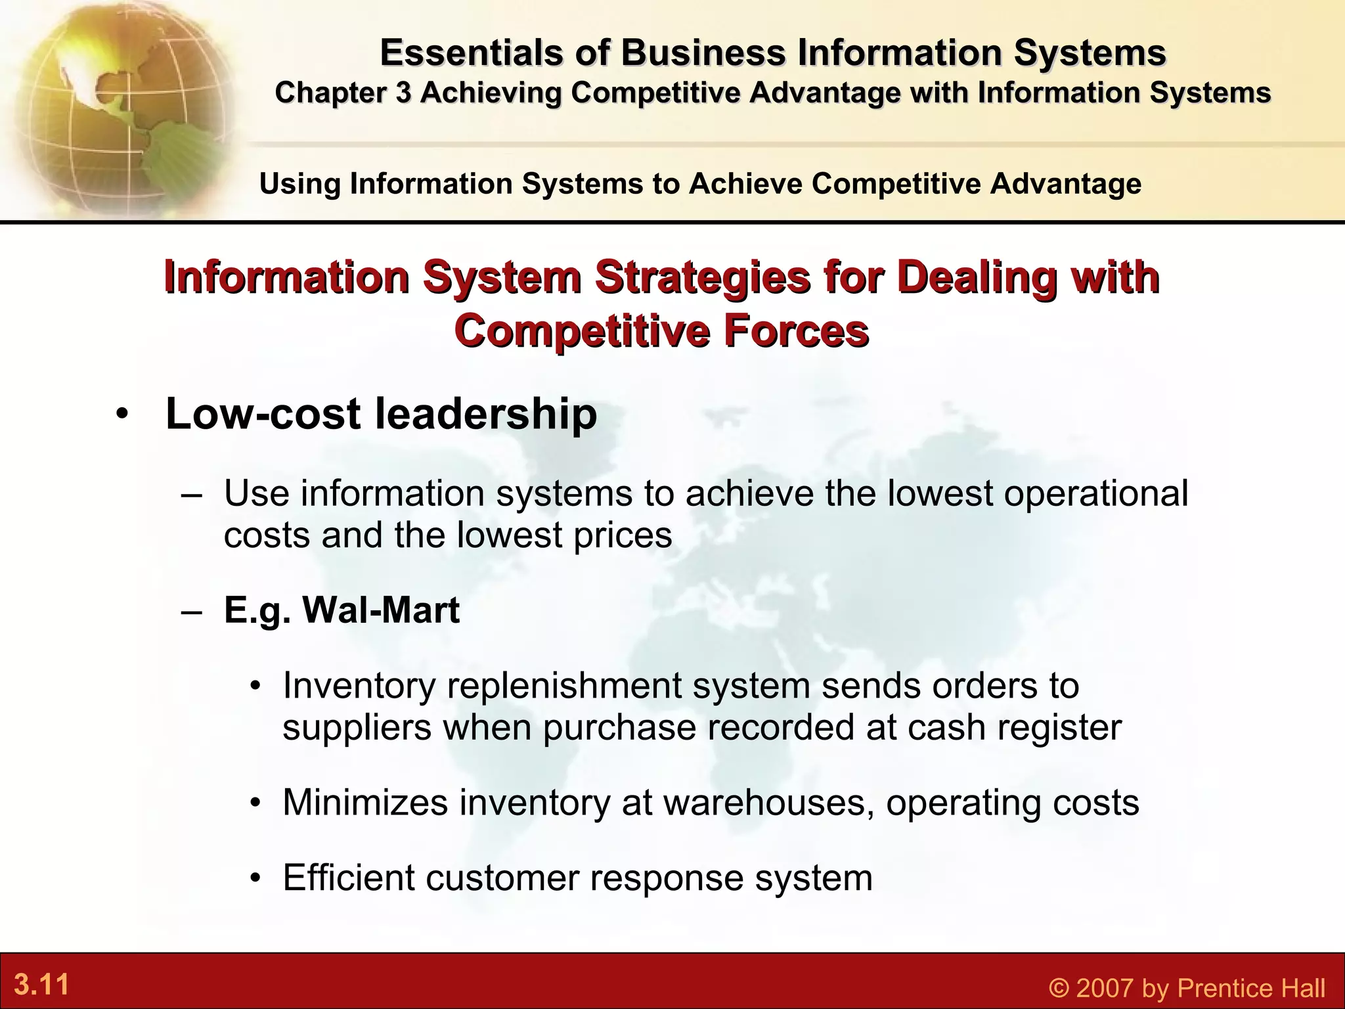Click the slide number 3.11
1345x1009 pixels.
pos(41,985)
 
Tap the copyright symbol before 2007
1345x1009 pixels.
pos(1059,988)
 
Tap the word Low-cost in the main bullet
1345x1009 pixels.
pos(263,414)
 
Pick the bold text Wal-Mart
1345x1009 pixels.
pos(380,610)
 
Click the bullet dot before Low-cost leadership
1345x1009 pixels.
pos(121,415)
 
